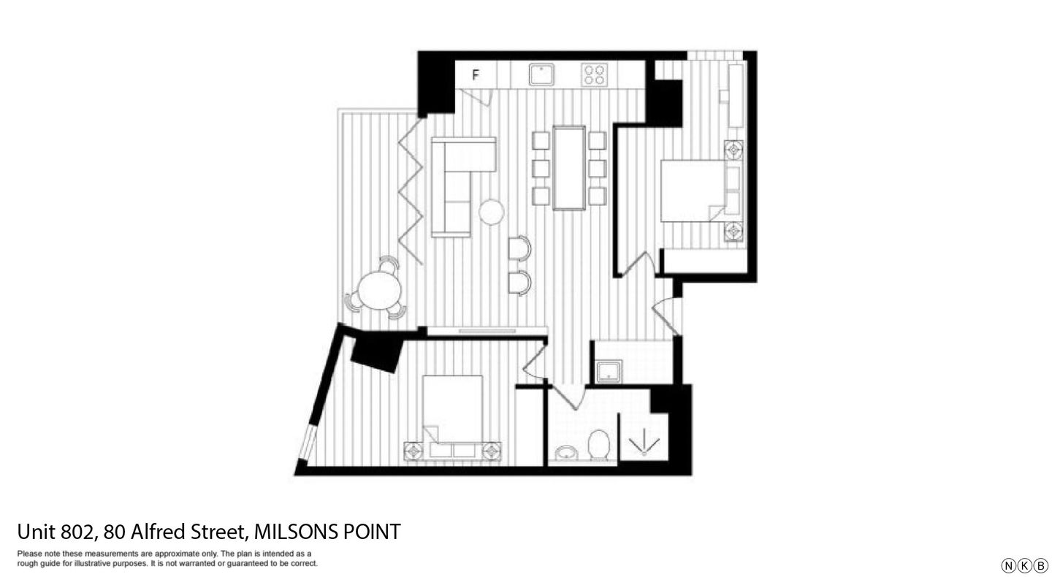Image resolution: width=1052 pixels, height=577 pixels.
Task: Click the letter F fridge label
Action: [476, 74]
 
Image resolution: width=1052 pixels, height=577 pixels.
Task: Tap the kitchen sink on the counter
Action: [541, 74]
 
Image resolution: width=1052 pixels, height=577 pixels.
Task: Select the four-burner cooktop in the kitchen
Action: [594, 74]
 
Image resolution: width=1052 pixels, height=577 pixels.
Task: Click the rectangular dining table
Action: [569, 167]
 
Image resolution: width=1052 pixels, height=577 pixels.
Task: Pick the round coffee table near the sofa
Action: [492, 212]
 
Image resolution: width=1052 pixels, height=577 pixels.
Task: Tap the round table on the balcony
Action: [379, 290]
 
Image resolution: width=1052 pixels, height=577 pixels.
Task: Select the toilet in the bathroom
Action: [599, 445]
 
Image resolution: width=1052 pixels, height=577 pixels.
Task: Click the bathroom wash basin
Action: [566, 454]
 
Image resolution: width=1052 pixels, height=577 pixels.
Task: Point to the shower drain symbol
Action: [644, 444]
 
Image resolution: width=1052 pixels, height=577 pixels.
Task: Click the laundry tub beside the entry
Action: [608, 372]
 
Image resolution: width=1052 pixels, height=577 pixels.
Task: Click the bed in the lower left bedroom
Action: [452, 413]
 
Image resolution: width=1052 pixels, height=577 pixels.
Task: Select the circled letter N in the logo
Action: [1008, 565]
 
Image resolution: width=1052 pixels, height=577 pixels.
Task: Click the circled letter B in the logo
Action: [1041, 565]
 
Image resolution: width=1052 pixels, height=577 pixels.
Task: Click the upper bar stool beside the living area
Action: [519, 248]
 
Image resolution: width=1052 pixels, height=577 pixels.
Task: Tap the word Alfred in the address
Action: [159, 532]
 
